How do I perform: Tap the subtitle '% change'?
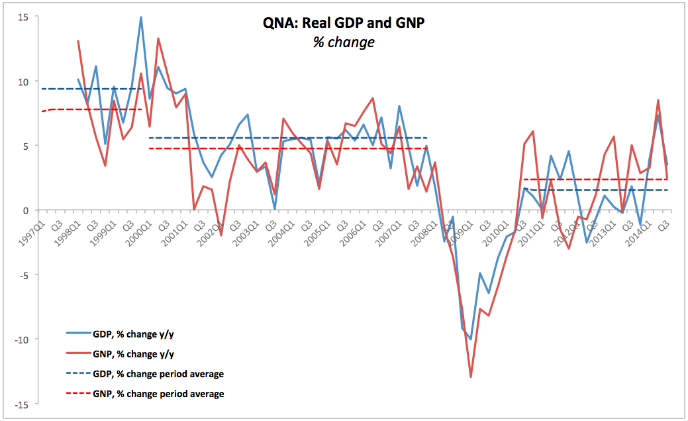pos(344,42)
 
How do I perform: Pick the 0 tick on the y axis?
pos(25,211)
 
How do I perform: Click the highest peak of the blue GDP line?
pos(141,17)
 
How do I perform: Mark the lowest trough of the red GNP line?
pos(471,377)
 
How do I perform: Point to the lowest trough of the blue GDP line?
pos(470,339)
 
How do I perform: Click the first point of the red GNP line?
pos(78,41)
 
